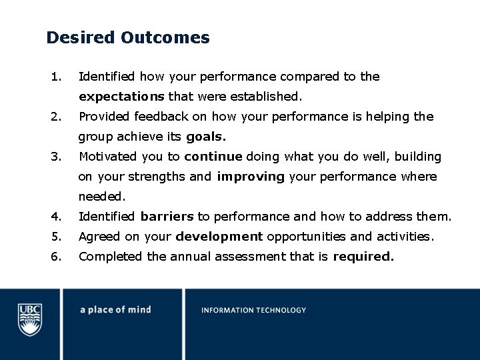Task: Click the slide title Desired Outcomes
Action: tap(128, 38)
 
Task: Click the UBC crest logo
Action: tap(29, 319)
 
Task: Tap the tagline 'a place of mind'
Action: tap(115, 310)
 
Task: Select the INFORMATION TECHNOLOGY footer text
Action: tap(253, 310)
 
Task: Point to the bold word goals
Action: tap(206, 137)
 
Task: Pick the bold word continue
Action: tap(214, 157)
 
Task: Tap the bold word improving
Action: tap(251, 177)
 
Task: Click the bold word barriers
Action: tap(167, 217)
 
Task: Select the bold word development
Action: tap(219, 237)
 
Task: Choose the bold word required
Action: tap(363, 257)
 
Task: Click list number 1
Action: tap(56, 77)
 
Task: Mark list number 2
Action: tap(56, 117)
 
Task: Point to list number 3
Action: tap(56, 157)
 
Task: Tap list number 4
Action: tap(56, 217)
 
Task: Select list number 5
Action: tap(56, 237)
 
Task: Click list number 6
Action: tap(56, 257)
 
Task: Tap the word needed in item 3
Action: tap(101, 197)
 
